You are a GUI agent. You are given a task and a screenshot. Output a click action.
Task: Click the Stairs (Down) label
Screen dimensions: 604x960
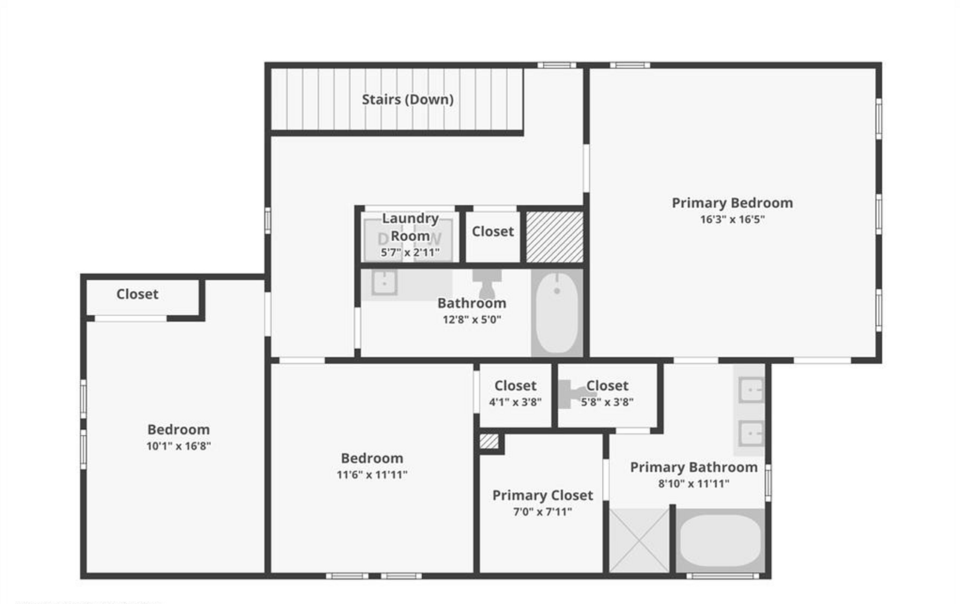[407, 99]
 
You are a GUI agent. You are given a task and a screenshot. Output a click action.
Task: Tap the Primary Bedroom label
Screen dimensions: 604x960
[731, 203]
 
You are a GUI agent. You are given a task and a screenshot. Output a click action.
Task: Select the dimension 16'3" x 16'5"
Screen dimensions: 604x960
[731, 220]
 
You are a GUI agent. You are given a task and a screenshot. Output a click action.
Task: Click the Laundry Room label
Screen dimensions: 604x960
[410, 227]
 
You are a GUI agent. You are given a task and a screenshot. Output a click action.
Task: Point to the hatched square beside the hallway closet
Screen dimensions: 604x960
[554, 236]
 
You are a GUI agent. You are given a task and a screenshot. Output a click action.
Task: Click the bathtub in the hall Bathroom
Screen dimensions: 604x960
[556, 311]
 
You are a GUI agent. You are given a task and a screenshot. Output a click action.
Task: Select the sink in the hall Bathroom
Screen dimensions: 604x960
[384, 284]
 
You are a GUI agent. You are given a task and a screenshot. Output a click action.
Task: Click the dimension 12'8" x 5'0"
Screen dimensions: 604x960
[471, 319]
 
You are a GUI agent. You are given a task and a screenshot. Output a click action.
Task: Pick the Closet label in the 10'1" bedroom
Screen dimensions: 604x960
[137, 294]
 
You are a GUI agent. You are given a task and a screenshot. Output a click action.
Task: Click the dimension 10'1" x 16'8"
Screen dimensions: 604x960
[178, 446]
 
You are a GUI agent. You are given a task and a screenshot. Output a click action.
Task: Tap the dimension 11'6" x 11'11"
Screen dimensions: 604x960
[372, 474]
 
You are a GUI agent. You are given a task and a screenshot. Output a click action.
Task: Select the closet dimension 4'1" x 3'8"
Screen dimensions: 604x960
[514, 401]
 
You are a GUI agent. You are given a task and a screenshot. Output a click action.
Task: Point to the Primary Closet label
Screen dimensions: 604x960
[542, 495]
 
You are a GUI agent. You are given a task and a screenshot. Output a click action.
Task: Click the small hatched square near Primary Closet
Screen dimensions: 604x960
[489, 442]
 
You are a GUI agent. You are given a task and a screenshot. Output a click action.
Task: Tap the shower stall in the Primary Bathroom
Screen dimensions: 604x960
[639, 540]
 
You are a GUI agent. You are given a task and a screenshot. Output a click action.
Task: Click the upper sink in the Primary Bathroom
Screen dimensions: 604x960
[751, 390]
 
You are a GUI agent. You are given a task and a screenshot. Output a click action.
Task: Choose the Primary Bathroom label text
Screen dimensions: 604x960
[693, 467]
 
